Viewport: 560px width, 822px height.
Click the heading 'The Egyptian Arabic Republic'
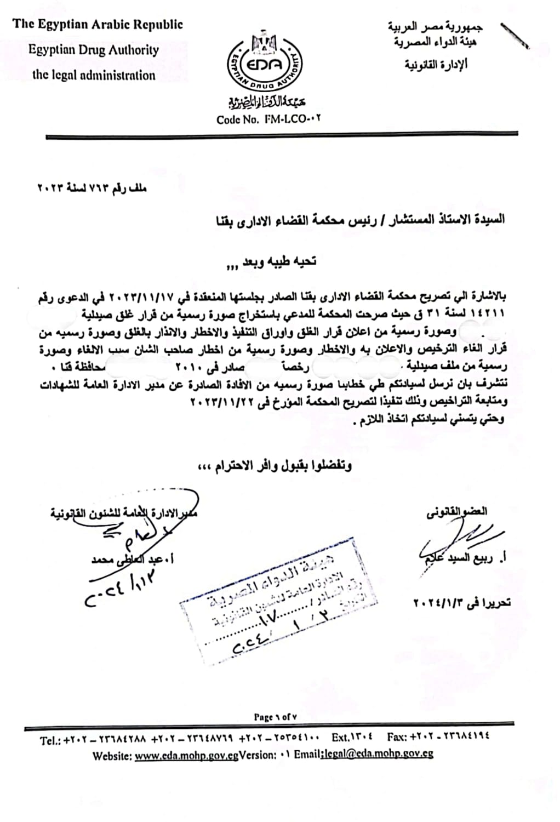click(98, 25)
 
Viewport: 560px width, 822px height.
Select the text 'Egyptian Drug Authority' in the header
click(94, 50)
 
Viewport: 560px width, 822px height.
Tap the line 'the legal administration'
click(94, 75)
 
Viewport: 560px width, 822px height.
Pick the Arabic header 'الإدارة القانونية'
click(436, 65)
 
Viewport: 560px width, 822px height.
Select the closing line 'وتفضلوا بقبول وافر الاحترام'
click(275, 466)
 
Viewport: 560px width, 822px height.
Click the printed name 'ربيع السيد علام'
click(461, 559)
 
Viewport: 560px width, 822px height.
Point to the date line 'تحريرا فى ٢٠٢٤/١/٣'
click(461, 602)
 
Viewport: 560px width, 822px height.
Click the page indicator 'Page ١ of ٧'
click(276, 717)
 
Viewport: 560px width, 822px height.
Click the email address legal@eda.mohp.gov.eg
click(378, 754)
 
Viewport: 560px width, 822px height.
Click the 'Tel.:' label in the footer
click(50, 741)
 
